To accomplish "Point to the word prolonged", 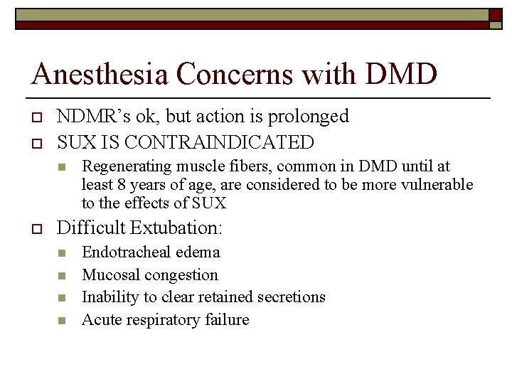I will point(304,116).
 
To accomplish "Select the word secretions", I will point(288,297).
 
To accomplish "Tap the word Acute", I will point(102,320).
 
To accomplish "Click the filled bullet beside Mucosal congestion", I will point(62,276).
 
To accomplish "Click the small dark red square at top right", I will point(495,15).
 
